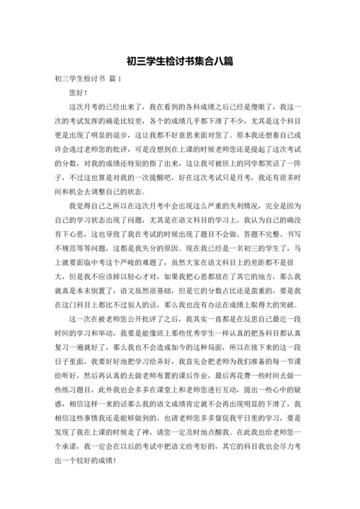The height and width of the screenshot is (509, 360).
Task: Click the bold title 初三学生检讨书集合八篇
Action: coord(179,61)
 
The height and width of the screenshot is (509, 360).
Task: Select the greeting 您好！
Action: coord(78,93)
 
